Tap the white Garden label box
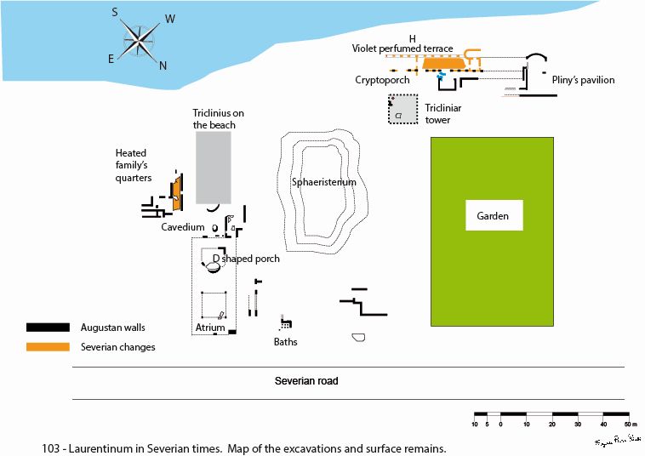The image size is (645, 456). [x=494, y=216]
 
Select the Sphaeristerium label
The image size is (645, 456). [x=323, y=182]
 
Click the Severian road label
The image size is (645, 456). [x=305, y=380]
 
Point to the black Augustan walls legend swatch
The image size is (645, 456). [x=48, y=327]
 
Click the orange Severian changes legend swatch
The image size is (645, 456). [x=48, y=346]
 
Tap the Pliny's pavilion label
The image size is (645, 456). [x=583, y=80]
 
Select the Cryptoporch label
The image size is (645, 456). [x=382, y=80]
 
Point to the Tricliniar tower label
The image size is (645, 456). [x=442, y=114]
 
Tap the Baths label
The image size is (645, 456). [x=285, y=342]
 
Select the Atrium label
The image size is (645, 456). [x=210, y=328]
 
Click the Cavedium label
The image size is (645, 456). [x=183, y=227]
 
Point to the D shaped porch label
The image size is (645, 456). [x=246, y=259]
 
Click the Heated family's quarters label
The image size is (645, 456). [x=134, y=165]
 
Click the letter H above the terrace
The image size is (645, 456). [x=412, y=39]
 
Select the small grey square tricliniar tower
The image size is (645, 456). [x=402, y=110]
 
